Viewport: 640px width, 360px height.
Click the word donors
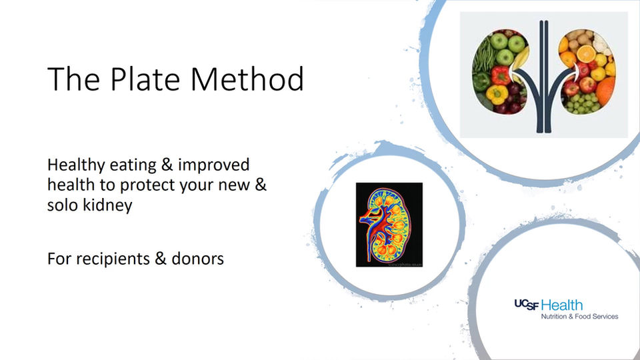click(x=197, y=258)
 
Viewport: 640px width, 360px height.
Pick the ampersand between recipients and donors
click(x=160, y=258)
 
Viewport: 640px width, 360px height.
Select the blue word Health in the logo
click(x=563, y=305)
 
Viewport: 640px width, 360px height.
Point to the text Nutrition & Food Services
click(x=579, y=316)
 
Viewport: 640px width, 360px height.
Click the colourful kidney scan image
click(x=389, y=225)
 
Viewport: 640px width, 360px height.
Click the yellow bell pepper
click(x=496, y=95)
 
